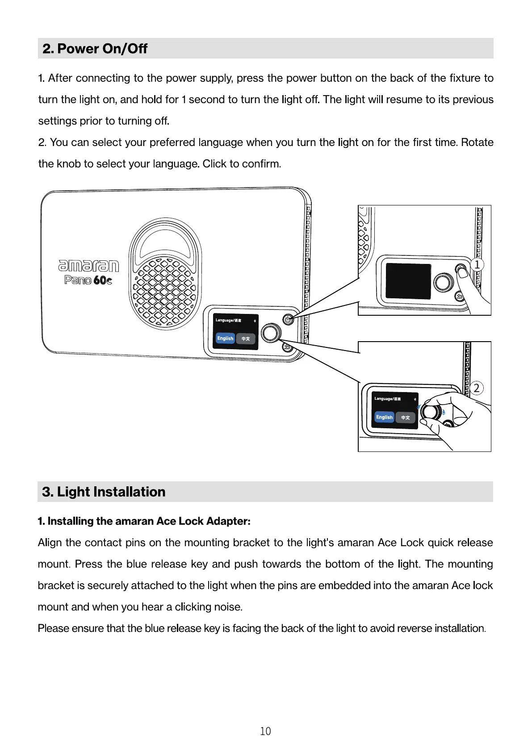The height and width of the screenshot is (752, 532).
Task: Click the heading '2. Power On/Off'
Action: tap(95, 49)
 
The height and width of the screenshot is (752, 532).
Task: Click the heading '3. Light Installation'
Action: tap(104, 492)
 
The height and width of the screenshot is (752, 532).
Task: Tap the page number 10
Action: tap(265, 731)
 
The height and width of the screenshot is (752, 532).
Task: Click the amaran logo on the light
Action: tap(88, 266)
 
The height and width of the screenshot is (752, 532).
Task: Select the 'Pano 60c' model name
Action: tap(88, 280)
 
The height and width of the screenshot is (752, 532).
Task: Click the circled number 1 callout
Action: tap(477, 265)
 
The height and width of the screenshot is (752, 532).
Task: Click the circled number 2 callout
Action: tap(477, 388)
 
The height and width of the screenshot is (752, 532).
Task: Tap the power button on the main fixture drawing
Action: tap(288, 319)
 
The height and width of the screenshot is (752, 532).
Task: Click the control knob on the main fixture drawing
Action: tap(271, 333)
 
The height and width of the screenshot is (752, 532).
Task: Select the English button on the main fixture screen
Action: tap(225, 338)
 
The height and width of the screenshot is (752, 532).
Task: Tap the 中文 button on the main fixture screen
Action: tap(246, 339)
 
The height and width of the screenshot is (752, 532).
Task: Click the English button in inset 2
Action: tap(384, 417)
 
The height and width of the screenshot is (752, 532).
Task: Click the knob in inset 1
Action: tap(442, 282)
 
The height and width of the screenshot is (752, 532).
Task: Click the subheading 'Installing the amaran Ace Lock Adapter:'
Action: tap(144, 521)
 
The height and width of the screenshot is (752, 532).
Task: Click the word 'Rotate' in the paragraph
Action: tap(477, 142)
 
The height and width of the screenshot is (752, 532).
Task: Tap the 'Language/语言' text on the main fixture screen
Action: tap(228, 320)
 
